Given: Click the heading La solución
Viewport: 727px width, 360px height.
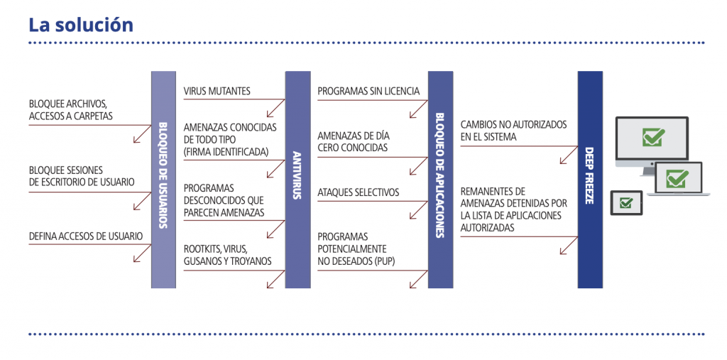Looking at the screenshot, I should click(x=80, y=24).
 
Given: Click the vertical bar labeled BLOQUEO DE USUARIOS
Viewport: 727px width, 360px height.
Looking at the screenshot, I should click(x=163, y=179).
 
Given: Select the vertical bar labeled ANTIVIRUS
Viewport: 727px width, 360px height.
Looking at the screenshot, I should click(x=297, y=179).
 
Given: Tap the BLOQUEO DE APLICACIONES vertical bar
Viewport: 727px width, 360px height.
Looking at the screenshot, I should click(x=440, y=179).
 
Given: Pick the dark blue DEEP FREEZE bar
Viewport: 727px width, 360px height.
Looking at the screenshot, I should click(x=590, y=179).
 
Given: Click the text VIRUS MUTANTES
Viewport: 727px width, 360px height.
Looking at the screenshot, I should click(x=217, y=91).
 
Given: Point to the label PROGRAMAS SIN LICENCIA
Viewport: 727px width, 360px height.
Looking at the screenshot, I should click(x=368, y=91).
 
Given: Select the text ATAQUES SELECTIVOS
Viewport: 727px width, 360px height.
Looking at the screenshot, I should click(x=358, y=192).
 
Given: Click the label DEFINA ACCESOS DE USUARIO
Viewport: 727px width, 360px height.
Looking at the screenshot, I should click(x=86, y=236).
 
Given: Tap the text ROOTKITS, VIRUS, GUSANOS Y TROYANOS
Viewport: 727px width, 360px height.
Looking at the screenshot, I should click(x=227, y=255).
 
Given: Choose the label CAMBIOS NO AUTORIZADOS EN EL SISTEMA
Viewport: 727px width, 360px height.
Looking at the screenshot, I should click(x=513, y=130).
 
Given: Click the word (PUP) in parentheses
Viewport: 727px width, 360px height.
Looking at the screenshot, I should click(x=381, y=261).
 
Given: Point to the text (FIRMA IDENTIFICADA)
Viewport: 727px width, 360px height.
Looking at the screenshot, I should click(x=226, y=151).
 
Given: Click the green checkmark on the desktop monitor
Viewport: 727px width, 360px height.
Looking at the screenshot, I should click(x=653, y=136).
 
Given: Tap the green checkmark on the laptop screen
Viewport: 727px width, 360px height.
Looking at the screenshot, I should click(x=678, y=175).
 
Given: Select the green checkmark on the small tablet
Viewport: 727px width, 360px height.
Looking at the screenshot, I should click(x=625, y=203).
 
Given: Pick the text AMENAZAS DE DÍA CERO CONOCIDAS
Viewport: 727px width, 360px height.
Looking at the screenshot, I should click(x=354, y=141).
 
